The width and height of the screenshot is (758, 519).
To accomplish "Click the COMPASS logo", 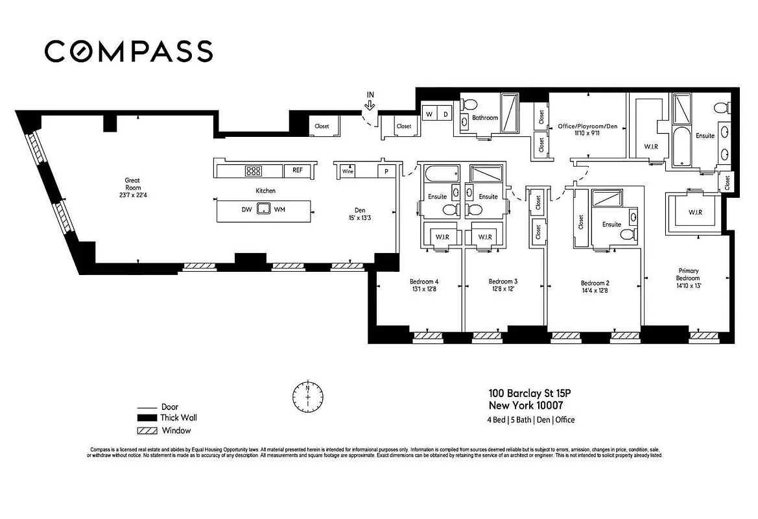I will click(128, 51).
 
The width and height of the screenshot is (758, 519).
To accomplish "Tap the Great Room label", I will click(132, 185).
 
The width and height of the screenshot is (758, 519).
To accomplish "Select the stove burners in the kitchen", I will click(253, 171).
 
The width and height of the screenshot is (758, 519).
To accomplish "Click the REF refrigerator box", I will click(298, 171).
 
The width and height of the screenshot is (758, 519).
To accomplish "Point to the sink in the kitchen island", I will click(263, 209).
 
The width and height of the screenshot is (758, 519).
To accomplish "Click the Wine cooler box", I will click(348, 172).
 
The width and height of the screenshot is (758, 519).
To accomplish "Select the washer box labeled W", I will click(429, 114).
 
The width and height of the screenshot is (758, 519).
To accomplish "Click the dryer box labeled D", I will click(445, 114).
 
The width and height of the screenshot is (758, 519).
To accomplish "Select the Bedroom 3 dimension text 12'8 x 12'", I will click(503, 289).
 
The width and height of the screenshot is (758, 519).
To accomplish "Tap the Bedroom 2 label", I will click(595, 283).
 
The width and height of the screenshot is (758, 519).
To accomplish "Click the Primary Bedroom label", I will click(689, 274).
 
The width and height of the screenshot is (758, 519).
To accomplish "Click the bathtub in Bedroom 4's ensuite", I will click(440, 175).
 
